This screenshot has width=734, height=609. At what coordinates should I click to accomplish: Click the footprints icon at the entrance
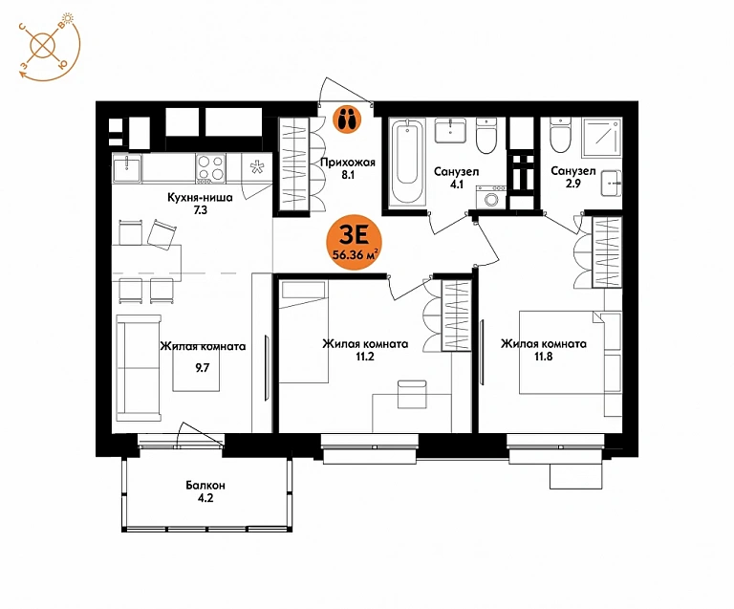point(347,119)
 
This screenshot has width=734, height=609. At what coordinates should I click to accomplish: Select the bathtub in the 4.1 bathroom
point(407,162)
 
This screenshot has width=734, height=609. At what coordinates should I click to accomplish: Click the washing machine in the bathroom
point(491,197)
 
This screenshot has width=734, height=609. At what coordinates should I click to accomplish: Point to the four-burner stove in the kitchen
point(210,168)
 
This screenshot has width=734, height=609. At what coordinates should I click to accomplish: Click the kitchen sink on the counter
point(127,168)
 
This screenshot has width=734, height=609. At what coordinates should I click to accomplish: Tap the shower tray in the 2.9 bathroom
point(602,138)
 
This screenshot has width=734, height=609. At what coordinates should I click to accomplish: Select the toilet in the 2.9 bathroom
point(561,135)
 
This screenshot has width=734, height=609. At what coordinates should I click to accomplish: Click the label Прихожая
point(348,163)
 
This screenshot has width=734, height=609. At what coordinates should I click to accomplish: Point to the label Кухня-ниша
point(200,198)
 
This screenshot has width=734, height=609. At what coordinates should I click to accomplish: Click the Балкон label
point(205,485)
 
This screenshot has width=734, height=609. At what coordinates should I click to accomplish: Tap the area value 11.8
point(544,357)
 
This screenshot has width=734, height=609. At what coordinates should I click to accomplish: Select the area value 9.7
point(203,368)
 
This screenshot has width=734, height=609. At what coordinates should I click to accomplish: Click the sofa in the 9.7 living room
point(139,368)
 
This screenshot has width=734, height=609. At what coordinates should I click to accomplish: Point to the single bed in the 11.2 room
point(303,332)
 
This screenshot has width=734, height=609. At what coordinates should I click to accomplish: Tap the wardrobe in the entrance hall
point(294,163)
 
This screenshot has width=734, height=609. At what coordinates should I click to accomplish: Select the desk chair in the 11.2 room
point(412,394)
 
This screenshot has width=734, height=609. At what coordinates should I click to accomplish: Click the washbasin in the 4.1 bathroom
point(450,130)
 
